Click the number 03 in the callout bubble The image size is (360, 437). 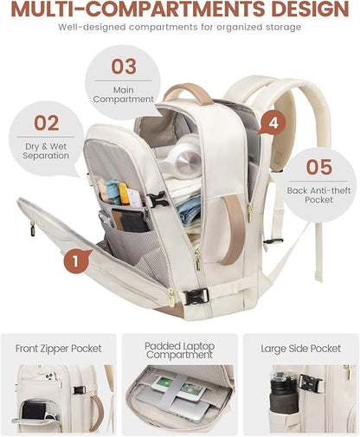[x=124, y=67]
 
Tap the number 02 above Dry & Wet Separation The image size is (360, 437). [x=47, y=123]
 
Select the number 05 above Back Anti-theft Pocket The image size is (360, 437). [x=319, y=167]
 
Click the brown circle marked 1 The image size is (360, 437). [x=75, y=261]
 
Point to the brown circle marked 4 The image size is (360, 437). [x=273, y=123]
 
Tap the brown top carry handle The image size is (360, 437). [x=188, y=93]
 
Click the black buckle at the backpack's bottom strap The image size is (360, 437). [x=196, y=296]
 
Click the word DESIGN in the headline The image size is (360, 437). [x=310, y=9]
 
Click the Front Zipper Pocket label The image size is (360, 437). [x=59, y=349]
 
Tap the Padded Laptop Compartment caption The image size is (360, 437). [x=179, y=350]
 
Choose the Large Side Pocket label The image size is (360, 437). [x=301, y=349]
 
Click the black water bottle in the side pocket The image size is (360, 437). [x=284, y=393]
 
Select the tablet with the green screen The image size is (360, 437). [x=179, y=387]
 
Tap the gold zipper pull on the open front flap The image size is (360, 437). [x=33, y=228]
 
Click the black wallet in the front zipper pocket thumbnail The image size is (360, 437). [x=34, y=410]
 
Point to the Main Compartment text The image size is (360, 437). [x=124, y=94]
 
